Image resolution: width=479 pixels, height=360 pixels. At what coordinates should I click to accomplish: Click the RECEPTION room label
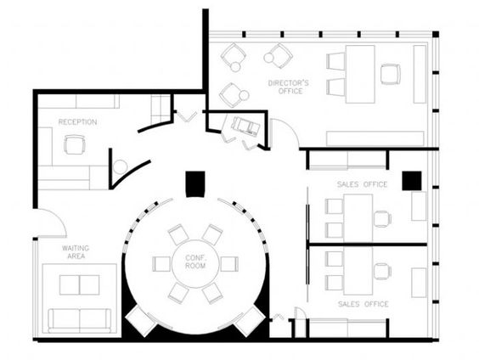77,122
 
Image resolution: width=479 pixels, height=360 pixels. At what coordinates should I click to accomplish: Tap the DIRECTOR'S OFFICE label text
289,87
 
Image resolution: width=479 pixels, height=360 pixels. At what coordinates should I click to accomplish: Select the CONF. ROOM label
195,262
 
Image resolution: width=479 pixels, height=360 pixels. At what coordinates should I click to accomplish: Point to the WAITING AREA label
76,252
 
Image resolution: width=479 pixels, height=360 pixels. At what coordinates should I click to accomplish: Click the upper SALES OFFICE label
363,184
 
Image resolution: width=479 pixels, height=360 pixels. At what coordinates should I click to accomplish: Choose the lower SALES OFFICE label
363,304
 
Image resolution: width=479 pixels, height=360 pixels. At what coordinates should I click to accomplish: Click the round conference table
195,264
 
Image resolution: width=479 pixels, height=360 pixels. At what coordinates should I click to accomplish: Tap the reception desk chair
74,144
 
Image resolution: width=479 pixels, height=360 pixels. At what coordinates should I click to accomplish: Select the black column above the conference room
195,184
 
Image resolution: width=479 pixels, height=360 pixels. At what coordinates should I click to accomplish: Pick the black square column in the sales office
412,181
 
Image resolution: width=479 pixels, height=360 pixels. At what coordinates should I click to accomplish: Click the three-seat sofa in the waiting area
80,321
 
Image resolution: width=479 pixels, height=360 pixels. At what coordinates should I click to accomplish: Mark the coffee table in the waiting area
80,285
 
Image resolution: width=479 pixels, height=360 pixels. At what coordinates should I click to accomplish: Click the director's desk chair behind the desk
391,74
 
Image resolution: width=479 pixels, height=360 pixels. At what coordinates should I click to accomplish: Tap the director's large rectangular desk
360,74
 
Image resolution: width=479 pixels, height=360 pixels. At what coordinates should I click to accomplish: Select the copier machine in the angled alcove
246,126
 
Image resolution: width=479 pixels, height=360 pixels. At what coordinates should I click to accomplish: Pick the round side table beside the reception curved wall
120,167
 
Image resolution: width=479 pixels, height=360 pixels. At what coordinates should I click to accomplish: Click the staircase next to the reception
160,109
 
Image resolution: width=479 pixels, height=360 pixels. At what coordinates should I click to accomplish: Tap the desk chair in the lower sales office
382,272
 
